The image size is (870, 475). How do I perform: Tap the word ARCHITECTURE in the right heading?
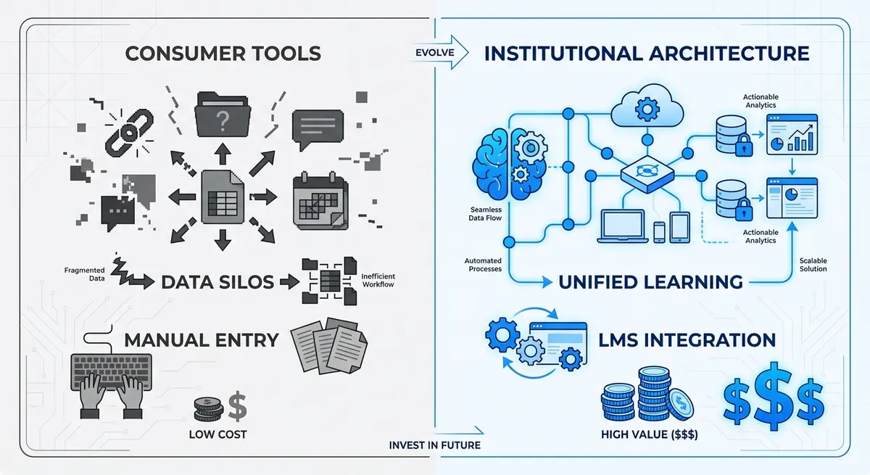(x=725, y=54)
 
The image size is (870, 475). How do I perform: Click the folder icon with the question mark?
(x=223, y=113)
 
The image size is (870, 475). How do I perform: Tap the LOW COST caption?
(x=217, y=434)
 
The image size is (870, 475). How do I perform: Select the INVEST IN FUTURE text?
(x=434, y=445)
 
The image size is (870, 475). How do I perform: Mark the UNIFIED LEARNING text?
(x=650, y=281)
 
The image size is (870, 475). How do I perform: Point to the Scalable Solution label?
(x=813, y=265)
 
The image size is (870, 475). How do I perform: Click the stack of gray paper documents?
(x=328, y=347)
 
